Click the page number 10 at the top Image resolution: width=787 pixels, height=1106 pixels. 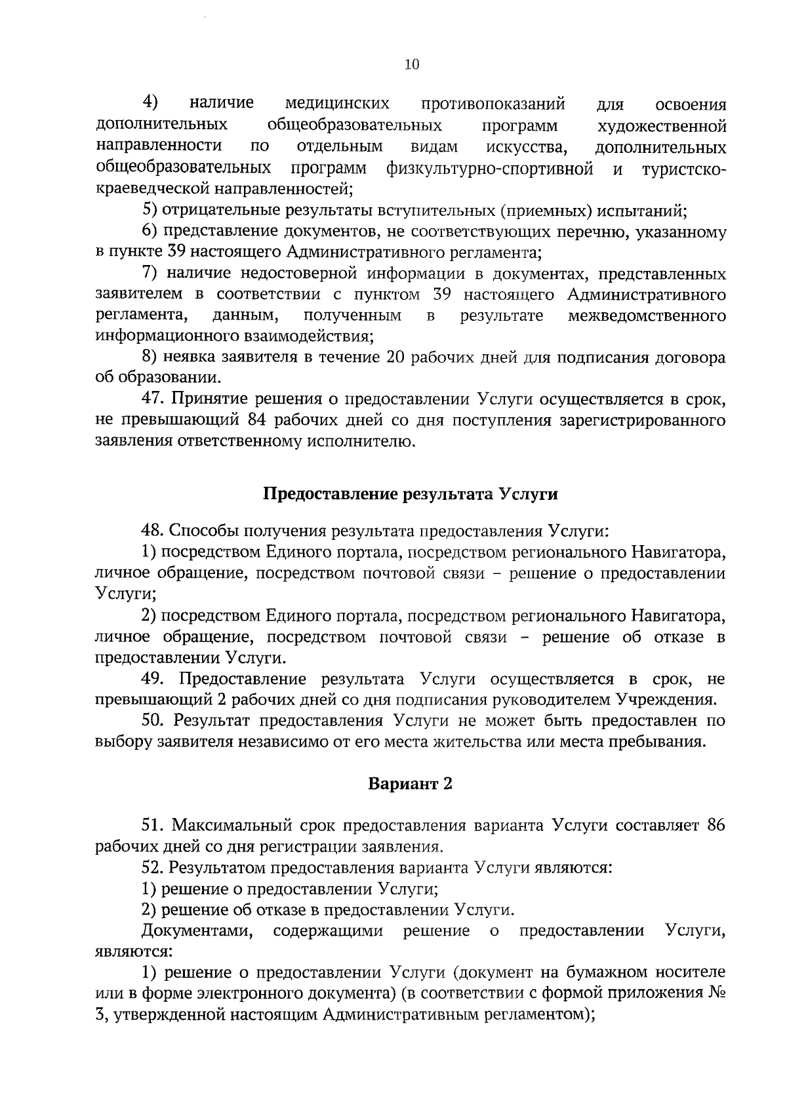(x=411, y=64)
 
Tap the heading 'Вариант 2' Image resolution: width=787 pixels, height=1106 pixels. (x=410, y=784)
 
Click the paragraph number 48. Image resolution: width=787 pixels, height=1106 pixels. (x=151, y=530)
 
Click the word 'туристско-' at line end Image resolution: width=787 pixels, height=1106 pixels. (x=683, y=168)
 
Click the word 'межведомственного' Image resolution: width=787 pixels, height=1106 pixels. (x=647, y=316)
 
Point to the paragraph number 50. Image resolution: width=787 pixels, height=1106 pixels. (x=151, y=721)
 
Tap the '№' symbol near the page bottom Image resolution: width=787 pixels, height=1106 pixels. (x=717, y=993)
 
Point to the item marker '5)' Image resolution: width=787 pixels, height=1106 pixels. (x=149, y=211)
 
